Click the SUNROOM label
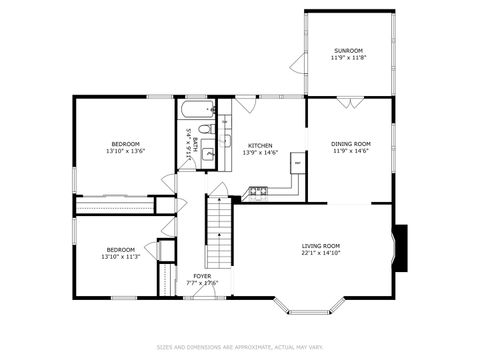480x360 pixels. point(348,50)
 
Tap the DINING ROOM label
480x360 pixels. point(350,143)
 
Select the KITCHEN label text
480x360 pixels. point(260,145)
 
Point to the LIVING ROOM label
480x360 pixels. point(321,245)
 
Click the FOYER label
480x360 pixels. point(202,275)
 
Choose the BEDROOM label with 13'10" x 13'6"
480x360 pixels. point(125,143)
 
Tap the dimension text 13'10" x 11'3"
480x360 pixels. point(121,257)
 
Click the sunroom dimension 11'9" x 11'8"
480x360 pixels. point(348,58)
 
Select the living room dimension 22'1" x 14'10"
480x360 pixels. point(321,253)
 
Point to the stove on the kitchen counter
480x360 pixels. point(259,189)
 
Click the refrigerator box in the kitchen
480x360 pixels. point(297,160)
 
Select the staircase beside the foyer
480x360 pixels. point(219,230)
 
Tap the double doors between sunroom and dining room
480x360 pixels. point(345,101)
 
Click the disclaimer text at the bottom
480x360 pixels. point(240,347)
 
